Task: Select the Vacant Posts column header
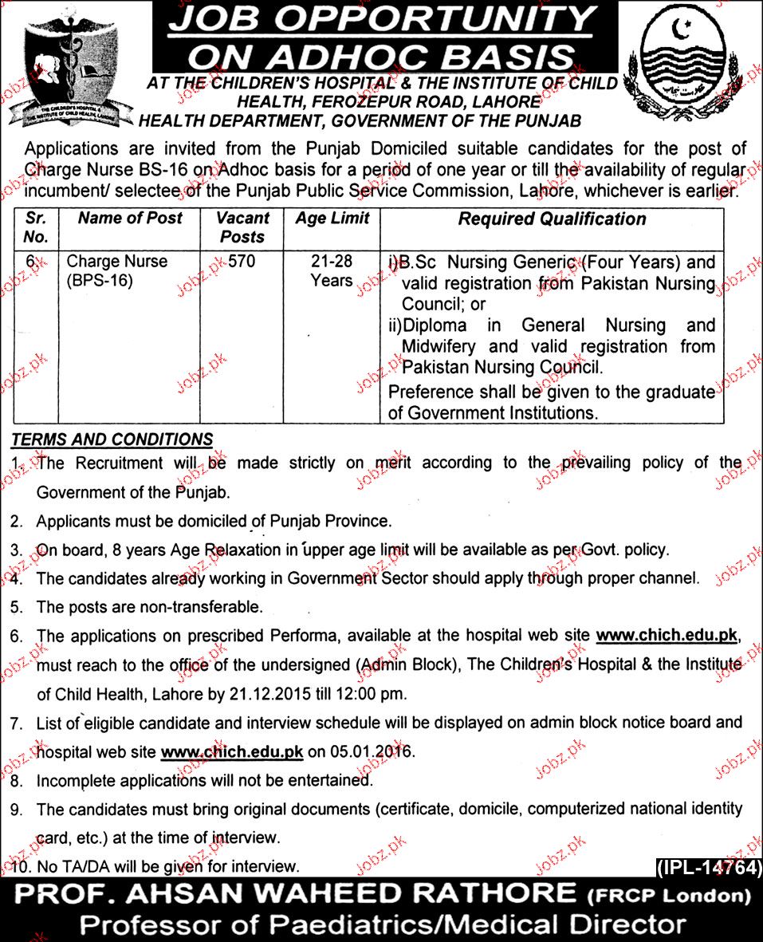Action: coord(242,227)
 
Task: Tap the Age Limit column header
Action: coord(332,219)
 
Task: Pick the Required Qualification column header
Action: coord(552,219)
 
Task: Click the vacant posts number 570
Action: coord(241,262)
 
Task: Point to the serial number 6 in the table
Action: coord(31,262)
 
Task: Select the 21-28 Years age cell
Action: coord(332,271)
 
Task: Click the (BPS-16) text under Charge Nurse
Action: coord(99,282)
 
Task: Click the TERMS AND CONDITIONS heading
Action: coord(112,439)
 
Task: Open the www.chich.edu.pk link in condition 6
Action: coord(667,636)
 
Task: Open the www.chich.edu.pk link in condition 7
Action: coord(232,751)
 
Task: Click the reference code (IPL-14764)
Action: coord(706,868)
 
